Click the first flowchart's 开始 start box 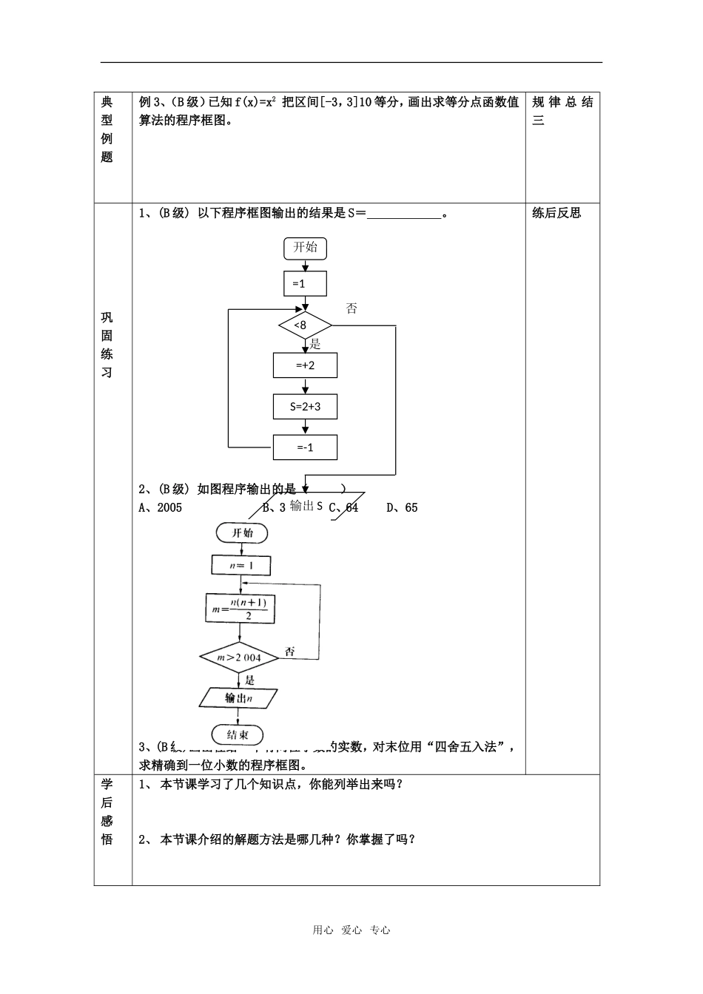point(305,248)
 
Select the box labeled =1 point(305,284)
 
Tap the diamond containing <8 point(305,325)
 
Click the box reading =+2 point(305,365)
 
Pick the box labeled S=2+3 point(305,406)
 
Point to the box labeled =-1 point(305,447)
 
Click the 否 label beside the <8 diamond point(351,308)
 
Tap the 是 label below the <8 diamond point(315,343)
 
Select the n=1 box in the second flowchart point(240,565)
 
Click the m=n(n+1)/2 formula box point(240,609)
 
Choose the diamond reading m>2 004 point(239,657)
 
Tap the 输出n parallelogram point(239,697)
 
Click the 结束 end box point(238,734)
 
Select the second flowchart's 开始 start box point(242,532)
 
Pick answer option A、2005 point(161,507)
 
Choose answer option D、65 point(402,507)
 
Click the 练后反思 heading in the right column point(556,213)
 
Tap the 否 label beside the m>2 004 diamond point(289,651)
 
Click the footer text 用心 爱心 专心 point(351,930)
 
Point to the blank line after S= point(403,214)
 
